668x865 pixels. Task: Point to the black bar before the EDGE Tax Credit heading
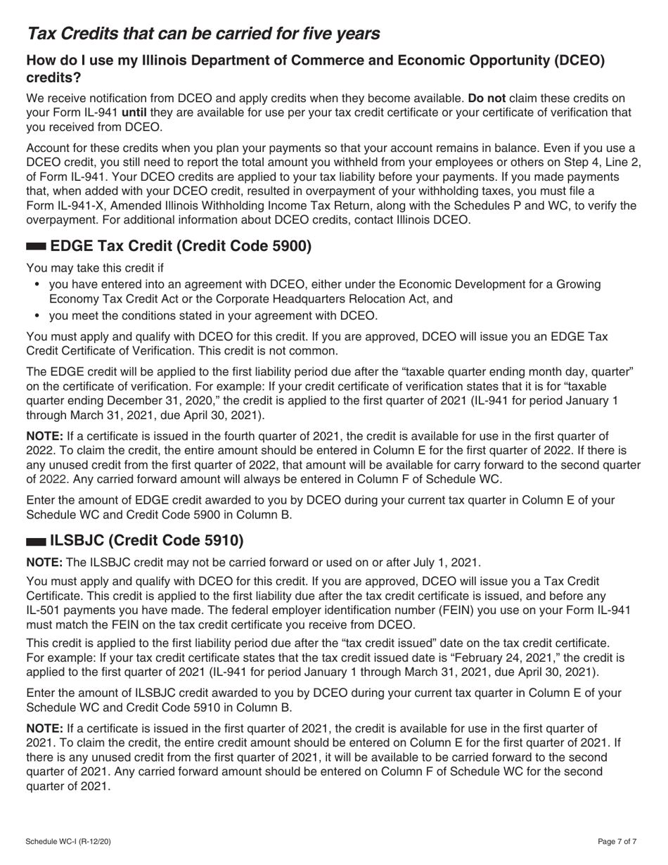[x=36, y=247]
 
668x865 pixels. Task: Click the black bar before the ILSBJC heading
[x=36, y=542]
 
